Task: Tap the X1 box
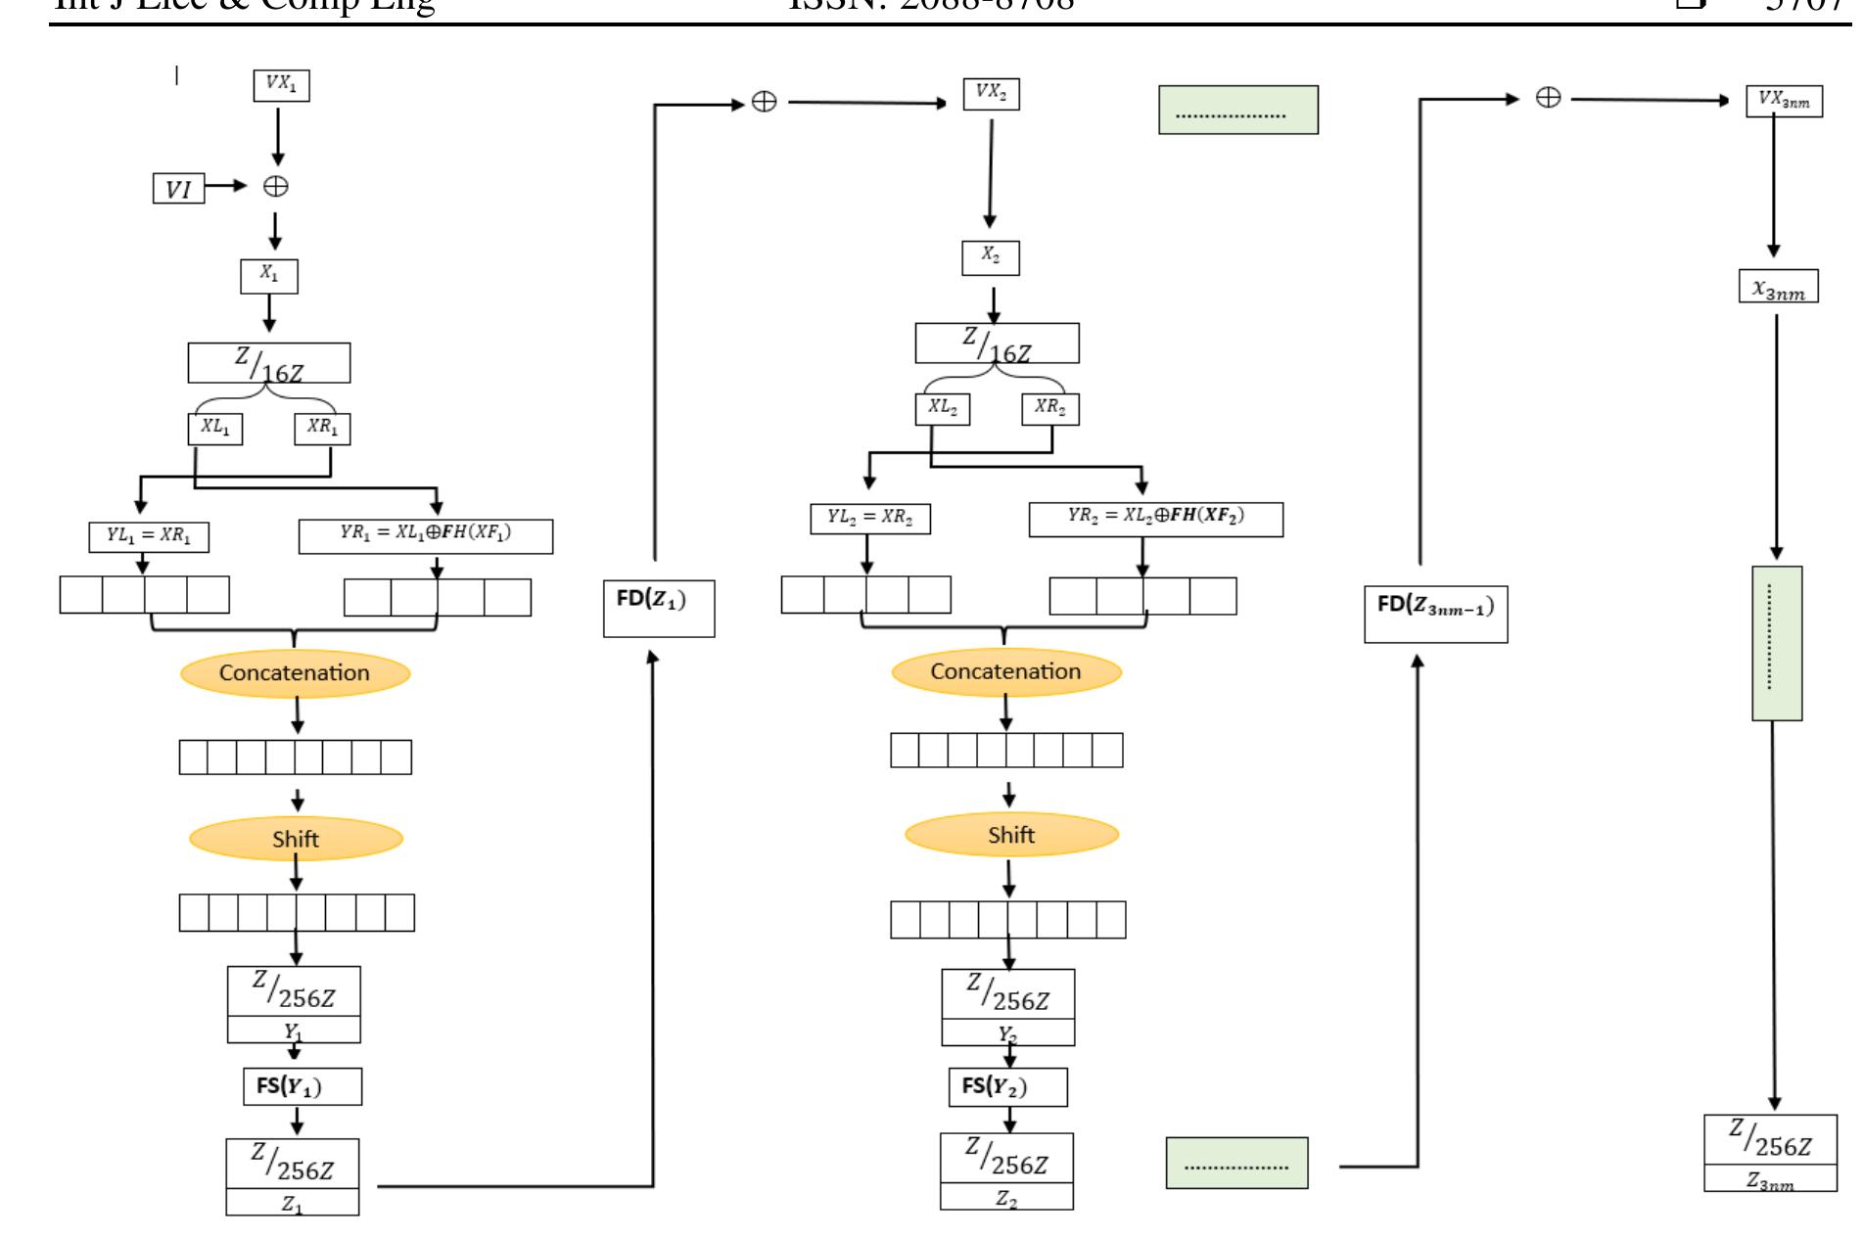coord(269,276)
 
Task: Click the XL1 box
coord(214,429)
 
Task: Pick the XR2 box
coord(1049,408)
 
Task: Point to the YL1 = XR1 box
coord(149,537)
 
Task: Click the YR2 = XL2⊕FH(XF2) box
coord(1155,518)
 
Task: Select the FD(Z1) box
coord(659,608)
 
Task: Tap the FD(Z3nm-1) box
coord(1435,613)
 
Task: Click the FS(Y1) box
coord(302,1086)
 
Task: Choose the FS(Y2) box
coord(1007,1086)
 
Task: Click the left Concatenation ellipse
coord(295,673)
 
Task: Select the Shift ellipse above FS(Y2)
coord(1011,835)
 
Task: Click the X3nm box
coord(1778,287)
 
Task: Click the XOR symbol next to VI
coord(276,187)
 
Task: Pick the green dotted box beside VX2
coord(1237,110)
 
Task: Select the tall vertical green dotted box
coord(1776,643)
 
